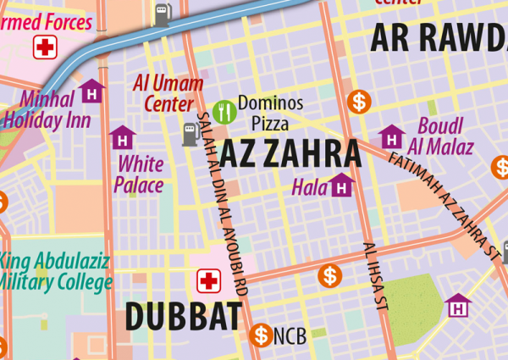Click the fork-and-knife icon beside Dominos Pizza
tap(224, 109)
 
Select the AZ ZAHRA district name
tap(290, 154)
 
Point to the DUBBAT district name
tap(183, 316)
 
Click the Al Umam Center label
tap(168, 93)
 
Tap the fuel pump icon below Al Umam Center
tap(190, 133)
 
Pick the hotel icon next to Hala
tap(341, 184)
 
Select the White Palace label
tap(139, 173)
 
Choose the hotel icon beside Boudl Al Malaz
tap(391, 136)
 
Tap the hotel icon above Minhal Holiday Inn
tap(91, 90)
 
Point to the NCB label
tap(290, 336)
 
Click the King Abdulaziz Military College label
tap(56, 272)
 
